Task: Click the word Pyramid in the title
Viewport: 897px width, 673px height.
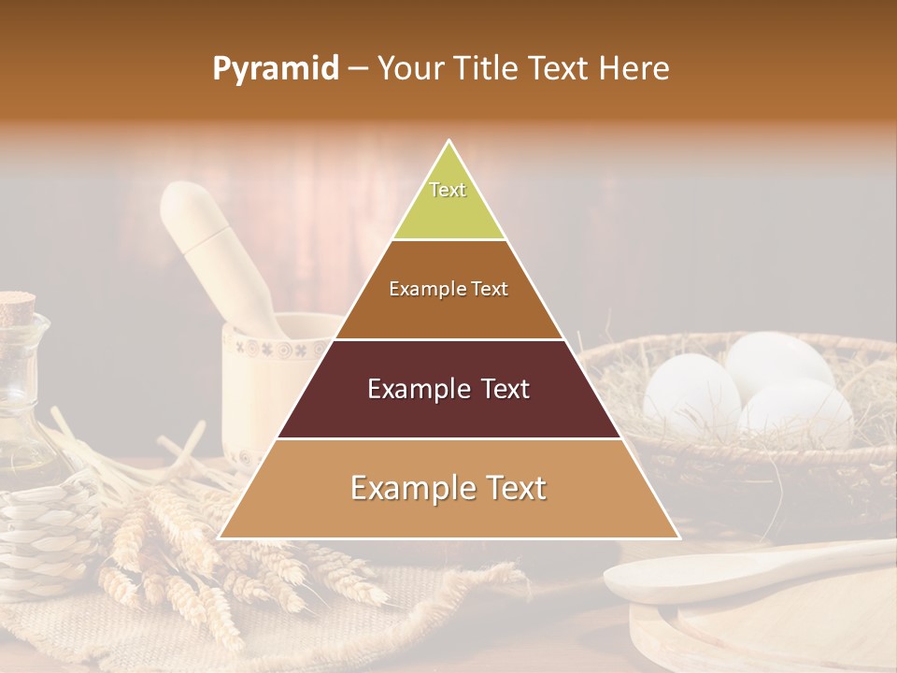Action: (275, 69)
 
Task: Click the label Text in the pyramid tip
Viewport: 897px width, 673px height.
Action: (448, 190)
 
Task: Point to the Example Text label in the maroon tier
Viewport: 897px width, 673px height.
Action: (448, 389)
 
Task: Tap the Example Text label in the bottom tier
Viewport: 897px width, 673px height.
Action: (448, 488)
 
